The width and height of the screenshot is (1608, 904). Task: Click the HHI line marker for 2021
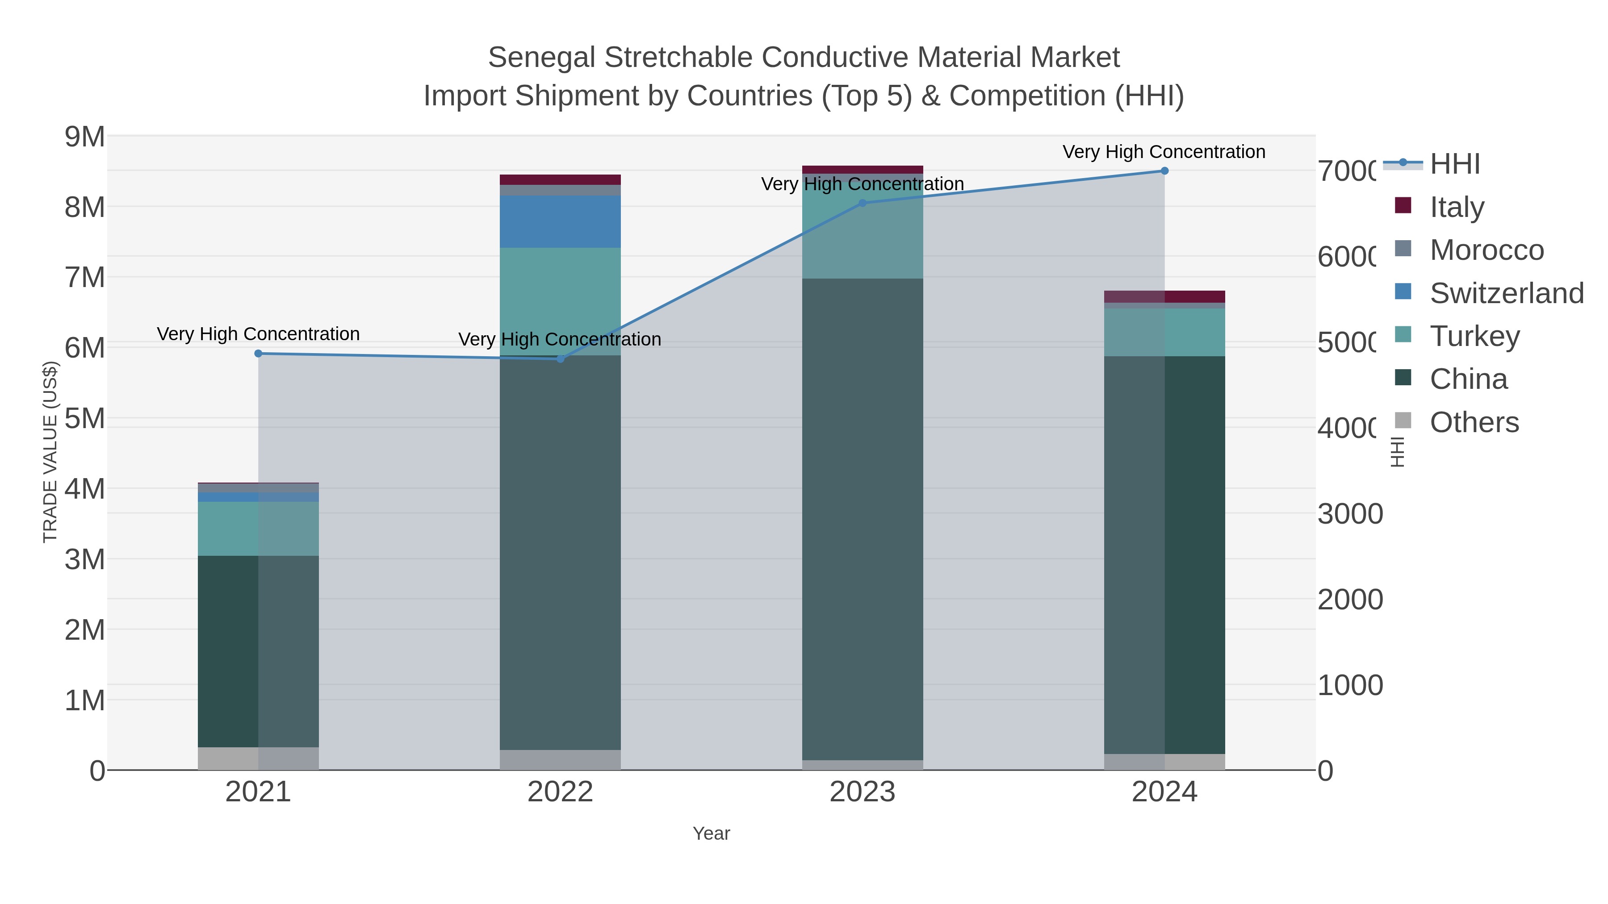point(259,354)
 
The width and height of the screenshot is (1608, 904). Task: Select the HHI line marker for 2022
point(560,359)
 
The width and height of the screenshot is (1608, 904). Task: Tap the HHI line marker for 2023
point(863,203)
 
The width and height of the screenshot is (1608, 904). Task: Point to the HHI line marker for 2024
point(1164,171)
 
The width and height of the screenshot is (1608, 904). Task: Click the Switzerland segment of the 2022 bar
point(560,221)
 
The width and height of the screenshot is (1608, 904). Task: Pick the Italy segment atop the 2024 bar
point(1164,296)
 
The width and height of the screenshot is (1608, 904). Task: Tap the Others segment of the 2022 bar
point(560,759)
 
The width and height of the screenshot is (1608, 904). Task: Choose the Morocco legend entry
point(1486,250)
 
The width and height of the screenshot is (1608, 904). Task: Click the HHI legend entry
point(1454,164)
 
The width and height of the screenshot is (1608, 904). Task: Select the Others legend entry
point(1474,422)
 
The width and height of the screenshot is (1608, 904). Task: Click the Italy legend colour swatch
point(1403,205)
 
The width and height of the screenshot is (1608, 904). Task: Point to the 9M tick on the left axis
point(85,137)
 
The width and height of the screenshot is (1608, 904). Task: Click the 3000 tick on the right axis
point(1349,514)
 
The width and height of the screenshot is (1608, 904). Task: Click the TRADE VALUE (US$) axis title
point(50,452)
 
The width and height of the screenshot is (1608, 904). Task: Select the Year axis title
point(711,833)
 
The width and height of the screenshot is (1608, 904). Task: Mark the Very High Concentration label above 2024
point(1164,152)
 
